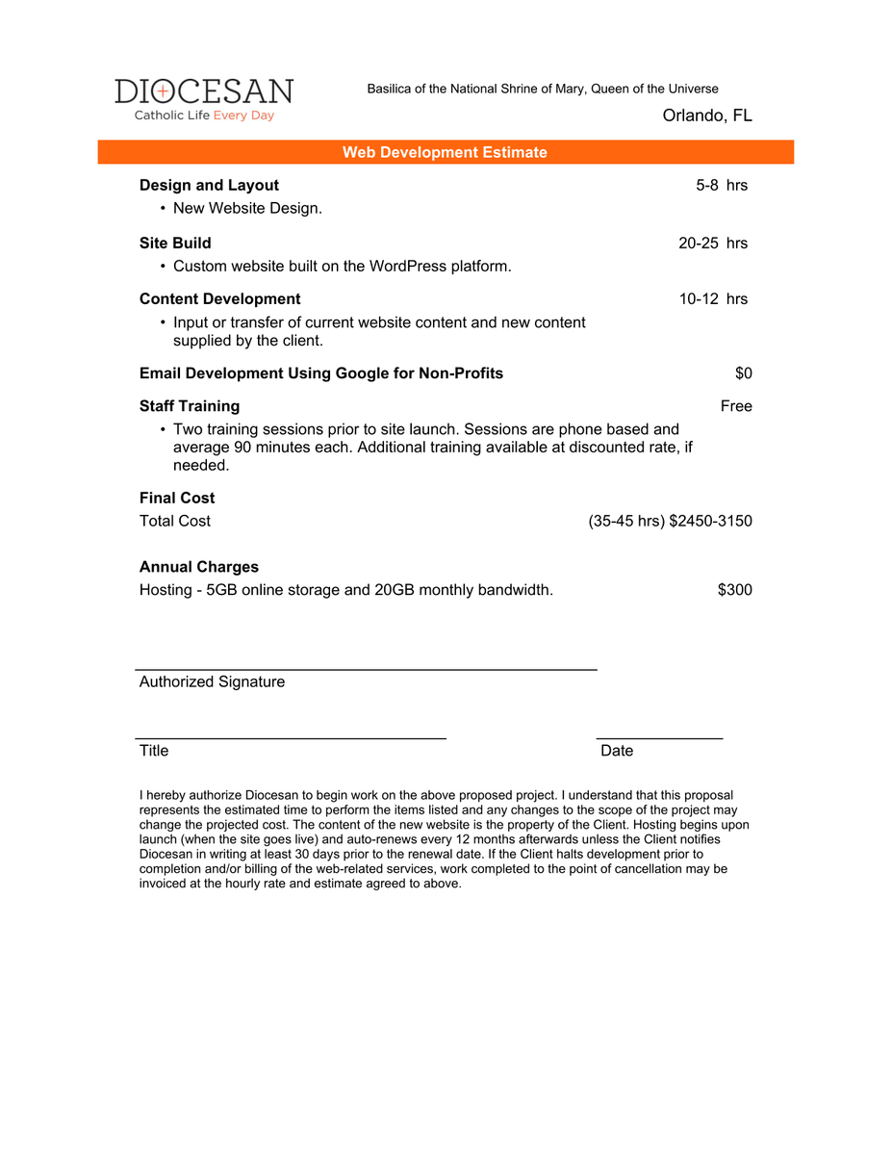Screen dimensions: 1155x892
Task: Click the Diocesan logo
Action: coord(204,99)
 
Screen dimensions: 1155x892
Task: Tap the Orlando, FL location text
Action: coord(707,116)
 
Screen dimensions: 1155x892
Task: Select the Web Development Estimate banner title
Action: coord(445,152)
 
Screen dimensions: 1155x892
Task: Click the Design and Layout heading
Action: coord(209,186)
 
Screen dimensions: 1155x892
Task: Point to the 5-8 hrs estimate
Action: coord(722,186)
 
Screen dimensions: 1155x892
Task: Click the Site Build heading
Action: coord(175,244)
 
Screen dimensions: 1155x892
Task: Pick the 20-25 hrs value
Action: coord(713,244)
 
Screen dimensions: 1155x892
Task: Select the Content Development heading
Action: coord(219,299)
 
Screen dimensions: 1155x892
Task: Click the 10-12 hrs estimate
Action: coord(713,299)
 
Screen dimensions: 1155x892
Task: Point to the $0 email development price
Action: coord(743,373)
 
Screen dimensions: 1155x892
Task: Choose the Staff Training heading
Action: coord(190,406)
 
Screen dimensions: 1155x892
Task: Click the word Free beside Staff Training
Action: coord(736,406)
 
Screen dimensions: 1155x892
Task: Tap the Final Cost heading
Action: coord(177,499)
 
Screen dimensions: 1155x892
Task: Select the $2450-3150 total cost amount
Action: coord(710,522)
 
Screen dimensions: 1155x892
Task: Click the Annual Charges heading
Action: coord(198,568)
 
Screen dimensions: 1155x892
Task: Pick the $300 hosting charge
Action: coord(734,590)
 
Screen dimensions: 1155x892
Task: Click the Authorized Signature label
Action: coord(212,682)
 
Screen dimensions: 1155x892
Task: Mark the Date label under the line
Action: coord(617,751)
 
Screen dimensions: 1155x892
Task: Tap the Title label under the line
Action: coord(154,751)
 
